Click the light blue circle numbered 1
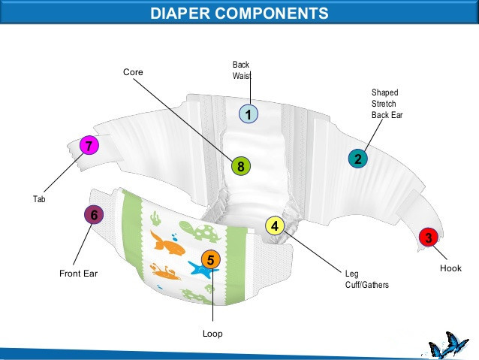click(249, 114)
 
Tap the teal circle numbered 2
click(358, 159)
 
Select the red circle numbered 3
click(429, 237)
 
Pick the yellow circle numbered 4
click(275, 225)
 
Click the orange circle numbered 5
click(211, 260)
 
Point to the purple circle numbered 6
click(94, 215)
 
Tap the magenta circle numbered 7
click(89, 146)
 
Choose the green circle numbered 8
click(240, 167)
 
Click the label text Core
click(133, 71)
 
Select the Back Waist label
click(241, 71)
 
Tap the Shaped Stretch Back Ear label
click(384, 104)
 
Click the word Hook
click(450, 268)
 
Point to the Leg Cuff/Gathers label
click(366, 280)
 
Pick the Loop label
click(212, 333)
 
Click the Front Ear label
click(78, 274)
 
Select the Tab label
click(39, 199)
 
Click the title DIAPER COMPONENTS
click(239, 13)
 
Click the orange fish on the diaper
click(167, 243)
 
